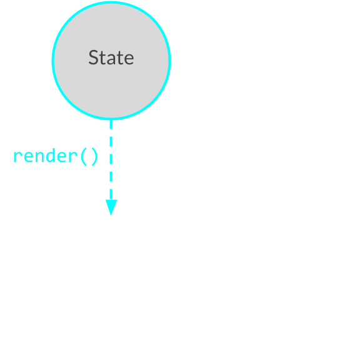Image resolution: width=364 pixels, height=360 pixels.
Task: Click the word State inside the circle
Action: click(x=111, y=57)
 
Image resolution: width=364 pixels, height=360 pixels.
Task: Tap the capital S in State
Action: click(x=93, y=57)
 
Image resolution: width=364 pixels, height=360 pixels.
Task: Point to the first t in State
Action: click(x=103, y=58)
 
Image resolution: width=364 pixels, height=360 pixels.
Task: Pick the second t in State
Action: click(x=120, y=58)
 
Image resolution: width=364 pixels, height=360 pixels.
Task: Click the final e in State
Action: click(x=129, y=59)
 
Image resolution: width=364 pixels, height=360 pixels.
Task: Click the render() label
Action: click(x=56, y=156)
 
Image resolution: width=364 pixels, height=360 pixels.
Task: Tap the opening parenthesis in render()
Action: click(x=84, y=157)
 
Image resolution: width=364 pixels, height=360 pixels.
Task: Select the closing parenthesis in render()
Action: click(x=95, y=157)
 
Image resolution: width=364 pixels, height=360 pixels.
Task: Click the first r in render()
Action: click(x=17, y=157)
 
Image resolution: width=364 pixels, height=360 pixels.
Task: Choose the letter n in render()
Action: click(x=39, y=157)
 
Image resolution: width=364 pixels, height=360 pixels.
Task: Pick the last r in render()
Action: click(x=74, y=157)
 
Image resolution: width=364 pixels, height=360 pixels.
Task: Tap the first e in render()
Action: click(x=28, y=157)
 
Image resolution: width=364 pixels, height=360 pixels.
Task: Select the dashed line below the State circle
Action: click(x=111, y=159)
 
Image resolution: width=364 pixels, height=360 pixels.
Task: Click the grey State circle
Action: click(x=111, y=61)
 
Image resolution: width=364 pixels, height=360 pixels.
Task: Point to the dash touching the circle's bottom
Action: click(x=111, y=124)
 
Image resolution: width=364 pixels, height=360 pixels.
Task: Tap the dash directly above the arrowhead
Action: click(x=111, y=194)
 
